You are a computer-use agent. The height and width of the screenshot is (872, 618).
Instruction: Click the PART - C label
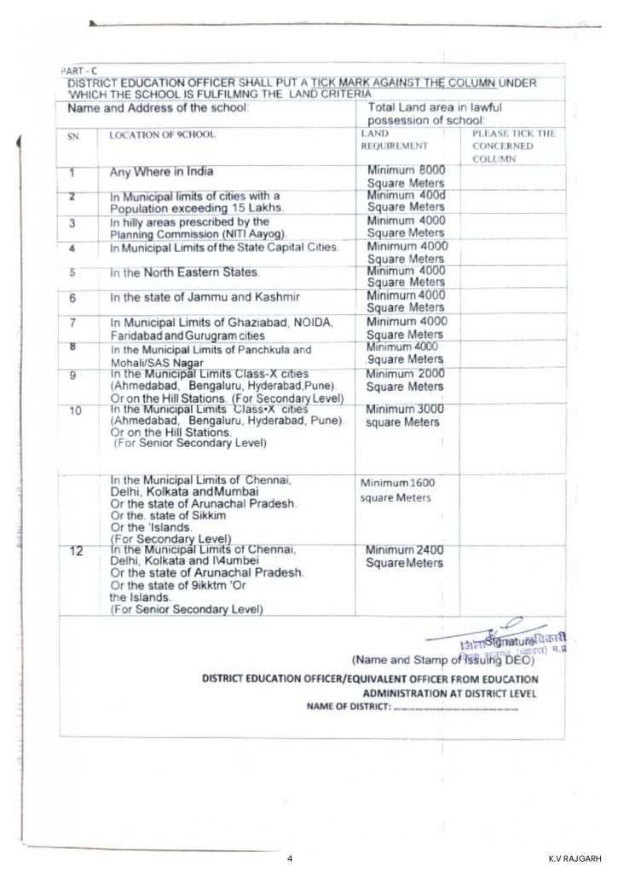coord(75,71)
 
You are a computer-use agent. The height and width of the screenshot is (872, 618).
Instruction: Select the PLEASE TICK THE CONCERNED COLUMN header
coord(513,146)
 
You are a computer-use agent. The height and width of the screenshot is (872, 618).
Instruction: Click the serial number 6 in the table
coord(74,299)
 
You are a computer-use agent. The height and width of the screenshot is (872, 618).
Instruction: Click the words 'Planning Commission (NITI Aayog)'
coord(199,233)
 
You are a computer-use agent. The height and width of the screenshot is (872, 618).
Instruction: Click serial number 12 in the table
coord(76,552)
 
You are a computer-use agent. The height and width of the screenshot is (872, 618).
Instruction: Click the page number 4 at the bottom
coord(291,858)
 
